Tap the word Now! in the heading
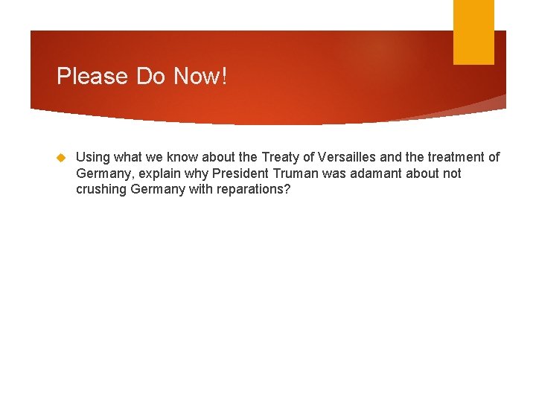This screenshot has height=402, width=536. pos(201,76)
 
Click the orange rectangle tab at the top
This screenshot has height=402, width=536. pos(473,31)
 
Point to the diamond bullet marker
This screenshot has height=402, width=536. pos(62,158)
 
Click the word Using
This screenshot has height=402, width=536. pos(93,158)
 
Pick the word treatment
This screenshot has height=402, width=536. pos(453,157)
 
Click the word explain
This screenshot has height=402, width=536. pos(155,173)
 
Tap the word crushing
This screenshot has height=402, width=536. pos(101,190)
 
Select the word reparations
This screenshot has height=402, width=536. pos(251,190)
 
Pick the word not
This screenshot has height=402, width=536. pos(452,173)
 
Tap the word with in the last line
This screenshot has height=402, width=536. pos(197,189)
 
